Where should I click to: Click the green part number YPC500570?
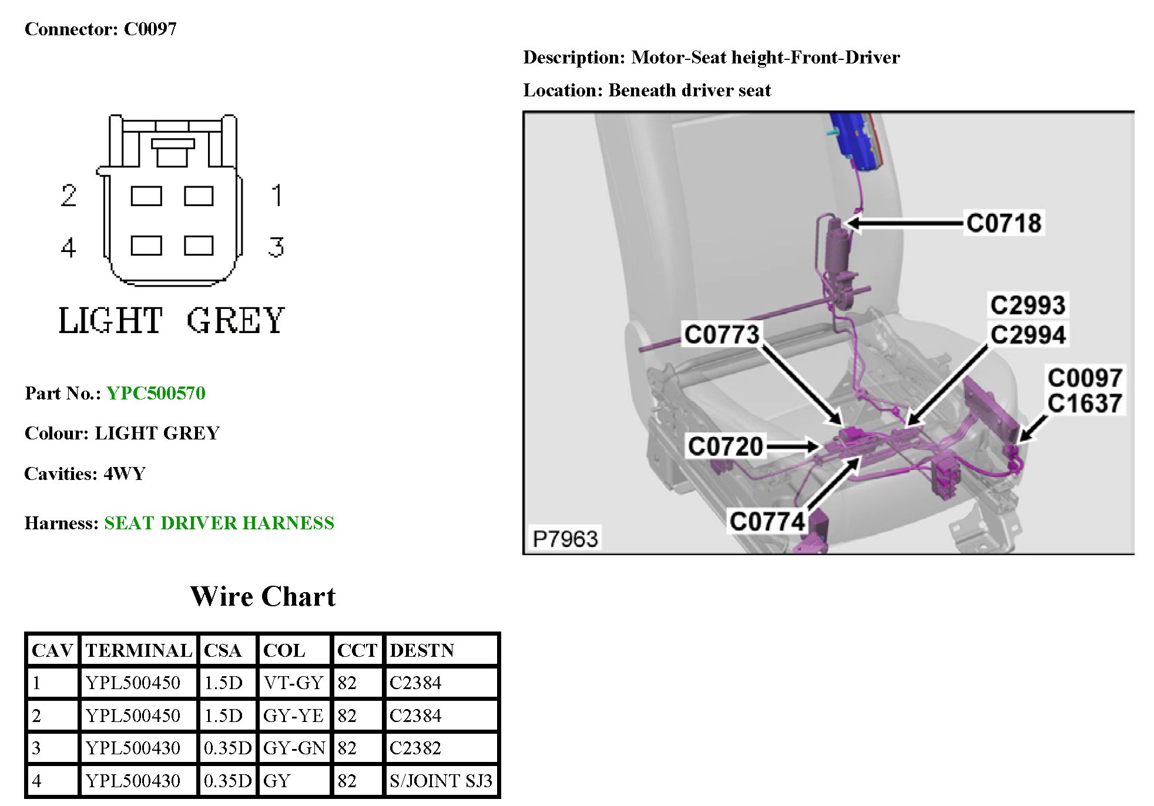[x=156, y=393]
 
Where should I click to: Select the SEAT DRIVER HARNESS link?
[x=219, y=523]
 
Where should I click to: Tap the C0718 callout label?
[x=1004, y=223]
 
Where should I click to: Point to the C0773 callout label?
[x=722, y=334]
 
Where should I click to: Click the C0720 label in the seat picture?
[x=725, y=446]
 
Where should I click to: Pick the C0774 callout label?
[x=767, y=521]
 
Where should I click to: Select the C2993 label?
[x=1028, y=305]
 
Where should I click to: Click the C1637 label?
[x=1085, y=404]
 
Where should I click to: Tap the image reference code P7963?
[x=565, y=539]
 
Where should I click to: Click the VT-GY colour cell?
[x=293, y=683]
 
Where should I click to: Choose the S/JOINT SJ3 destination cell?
[x=441, y=781]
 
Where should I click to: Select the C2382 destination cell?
[x=415, y=748]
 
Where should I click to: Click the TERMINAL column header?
[x=139, y=650]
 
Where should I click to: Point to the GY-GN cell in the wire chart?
[x=294, y=748]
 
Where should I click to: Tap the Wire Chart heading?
[x=263, y=596]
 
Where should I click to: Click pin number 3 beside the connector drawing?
[x=276, y=247]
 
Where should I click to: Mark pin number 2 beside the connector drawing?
[x=69, y=196]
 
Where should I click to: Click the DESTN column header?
[x=422, y=650]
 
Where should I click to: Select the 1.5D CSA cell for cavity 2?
[x=223, y=716]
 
